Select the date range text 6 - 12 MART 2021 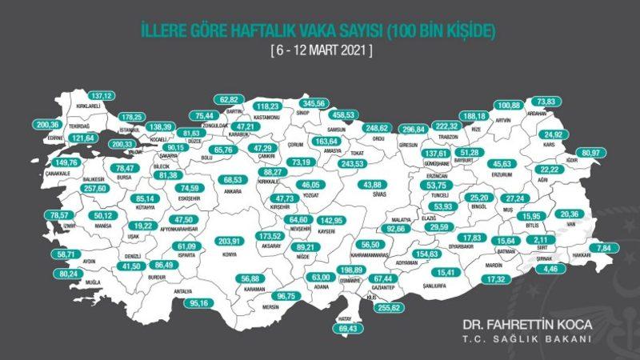tap(320, 50)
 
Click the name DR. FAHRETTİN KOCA tap(526, 326)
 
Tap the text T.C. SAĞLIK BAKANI tap(526, 339)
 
